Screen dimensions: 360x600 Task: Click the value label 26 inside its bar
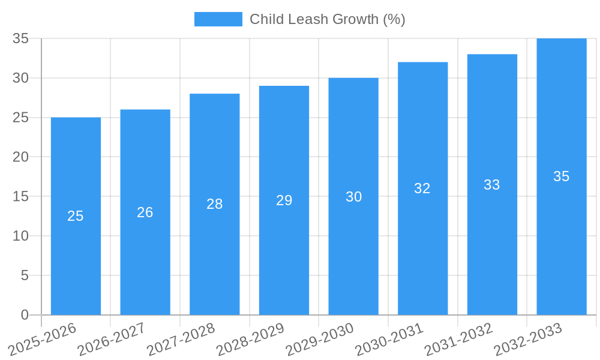(145, 212)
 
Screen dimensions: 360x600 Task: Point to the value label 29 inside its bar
(284, 200)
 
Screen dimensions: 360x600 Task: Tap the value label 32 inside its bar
(422, 188)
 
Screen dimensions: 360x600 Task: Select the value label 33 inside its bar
(492, 185)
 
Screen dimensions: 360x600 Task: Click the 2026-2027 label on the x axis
(112, 339)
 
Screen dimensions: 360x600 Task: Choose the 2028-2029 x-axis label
(250, 339)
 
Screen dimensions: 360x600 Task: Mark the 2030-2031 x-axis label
(389, 339)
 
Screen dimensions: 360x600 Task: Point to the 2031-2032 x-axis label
(459, 339)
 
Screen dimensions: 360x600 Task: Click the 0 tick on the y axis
(25, 315)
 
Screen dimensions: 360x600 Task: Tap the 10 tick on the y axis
(21, 236)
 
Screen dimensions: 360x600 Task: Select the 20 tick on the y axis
(21, 157)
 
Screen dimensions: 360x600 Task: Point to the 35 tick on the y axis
(21, 38)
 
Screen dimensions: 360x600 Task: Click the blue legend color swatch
(218, 19)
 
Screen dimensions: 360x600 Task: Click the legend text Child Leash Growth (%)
(328, 19)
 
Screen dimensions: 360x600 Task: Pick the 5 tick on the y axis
(25, 275)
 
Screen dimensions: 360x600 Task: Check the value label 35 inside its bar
(561, 176)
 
